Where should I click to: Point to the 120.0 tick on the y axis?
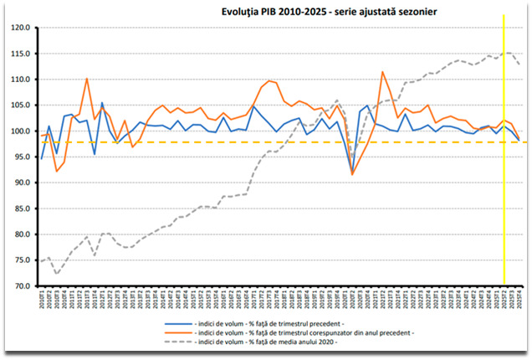tap(21, 28)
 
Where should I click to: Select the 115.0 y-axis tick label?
tap(21, 54)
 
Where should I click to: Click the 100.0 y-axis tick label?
tap(21, 131)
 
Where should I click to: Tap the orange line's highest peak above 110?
tap(382, 72)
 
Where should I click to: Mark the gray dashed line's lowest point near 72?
tap(57, 274)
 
